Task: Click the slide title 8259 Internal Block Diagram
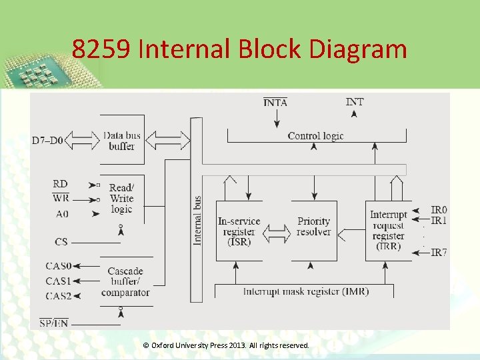(239, 49)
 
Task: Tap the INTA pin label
(275, 103)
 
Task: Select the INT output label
(355, 102)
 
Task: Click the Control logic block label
(315, 136)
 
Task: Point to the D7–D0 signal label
(47, 141)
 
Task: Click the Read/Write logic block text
(121, 199)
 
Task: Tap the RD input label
(60, 184)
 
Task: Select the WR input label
(60, 198)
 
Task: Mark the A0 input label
(62, 214)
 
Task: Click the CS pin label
(61, 242)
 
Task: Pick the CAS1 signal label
(58, 281)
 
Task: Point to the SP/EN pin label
(53, 323)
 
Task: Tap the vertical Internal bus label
(197, 220)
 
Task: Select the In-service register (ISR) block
(239, 231)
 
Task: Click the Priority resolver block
(314, 226)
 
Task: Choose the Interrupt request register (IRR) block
(389, 230)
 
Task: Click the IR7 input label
(439, 253)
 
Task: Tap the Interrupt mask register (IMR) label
(306, 291)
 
